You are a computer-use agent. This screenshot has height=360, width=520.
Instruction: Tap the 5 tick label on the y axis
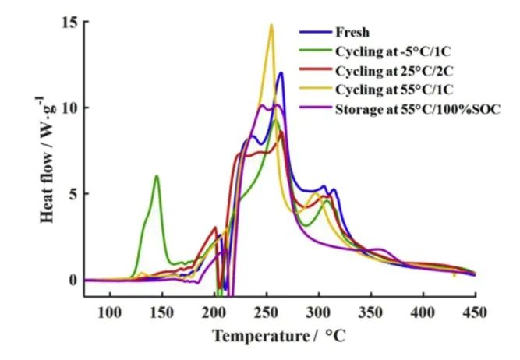pyautogui.click(x=73, y=193)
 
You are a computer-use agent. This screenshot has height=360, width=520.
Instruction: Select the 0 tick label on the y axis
pyautogui.click(x=73, y=280)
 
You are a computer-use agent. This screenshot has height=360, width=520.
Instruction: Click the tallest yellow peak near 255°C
pyautogui.click(x=271, y=25)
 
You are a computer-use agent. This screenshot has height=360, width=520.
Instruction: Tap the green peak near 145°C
pyautogui.click(x=157, y=176)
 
